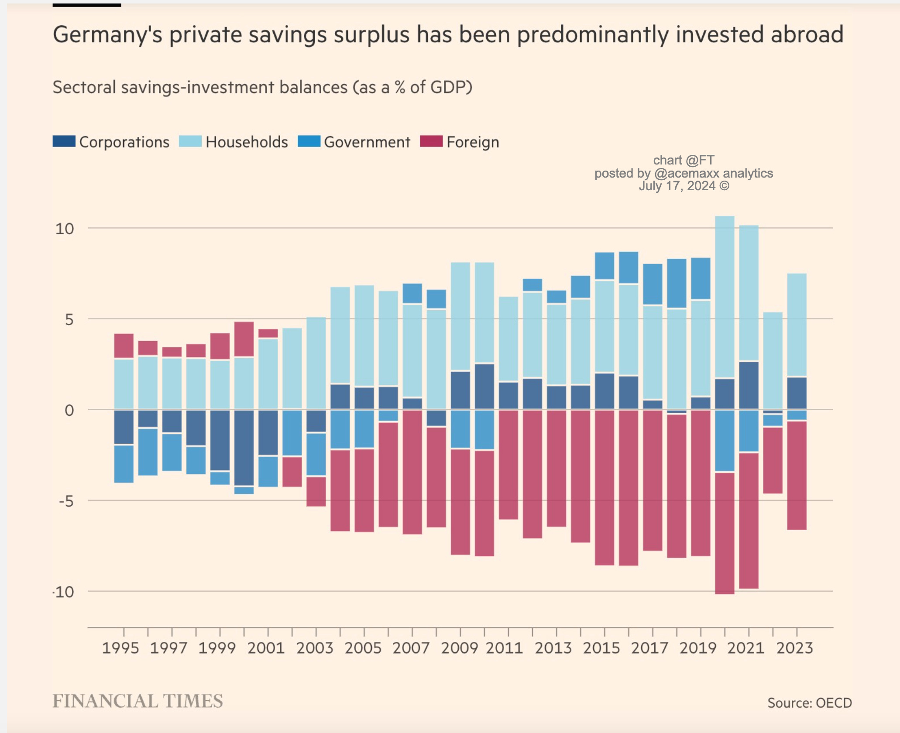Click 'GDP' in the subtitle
(449, 87)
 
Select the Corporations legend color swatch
(64, 142)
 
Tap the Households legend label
(247, 142)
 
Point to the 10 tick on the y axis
(65, 229)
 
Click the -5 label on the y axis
(66, 501)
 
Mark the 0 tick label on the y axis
(69, 411)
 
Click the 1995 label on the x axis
(120, 648)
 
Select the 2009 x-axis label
(460, 648)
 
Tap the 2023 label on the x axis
(794, 648)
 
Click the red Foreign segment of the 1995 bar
(124, 346)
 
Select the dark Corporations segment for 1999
(220, 440)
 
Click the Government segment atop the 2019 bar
(701, 278)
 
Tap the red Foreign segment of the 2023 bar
(797, 475)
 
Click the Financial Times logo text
(137, 701)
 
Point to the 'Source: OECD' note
(810, 703)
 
